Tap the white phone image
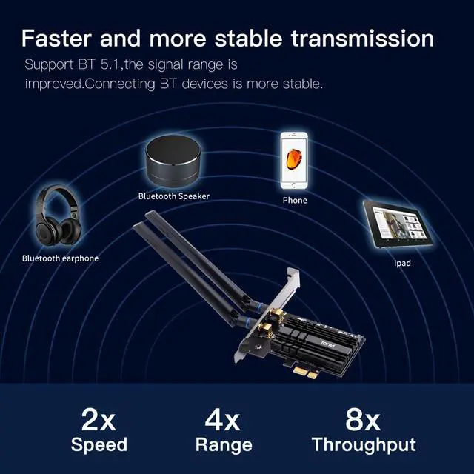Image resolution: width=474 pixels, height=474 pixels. tap(294, 161)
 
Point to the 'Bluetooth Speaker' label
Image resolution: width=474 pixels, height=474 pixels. tap(173, 196)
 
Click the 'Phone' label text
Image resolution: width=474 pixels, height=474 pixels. tap(294, 200)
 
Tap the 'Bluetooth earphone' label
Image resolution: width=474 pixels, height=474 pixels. tap(60, 258)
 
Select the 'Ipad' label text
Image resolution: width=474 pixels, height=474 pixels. tap(402, 263)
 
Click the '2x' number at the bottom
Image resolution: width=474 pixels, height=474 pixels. tap(99, 420)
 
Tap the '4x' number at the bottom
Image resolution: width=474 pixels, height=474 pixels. tap(223, 420)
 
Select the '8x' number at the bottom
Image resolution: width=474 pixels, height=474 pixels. tap(363, 420)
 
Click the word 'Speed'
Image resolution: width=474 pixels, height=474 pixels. tap(99, 445)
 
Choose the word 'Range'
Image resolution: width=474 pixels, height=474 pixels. tap(223, 445)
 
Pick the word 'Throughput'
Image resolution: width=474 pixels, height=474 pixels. tap(363, 445)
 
